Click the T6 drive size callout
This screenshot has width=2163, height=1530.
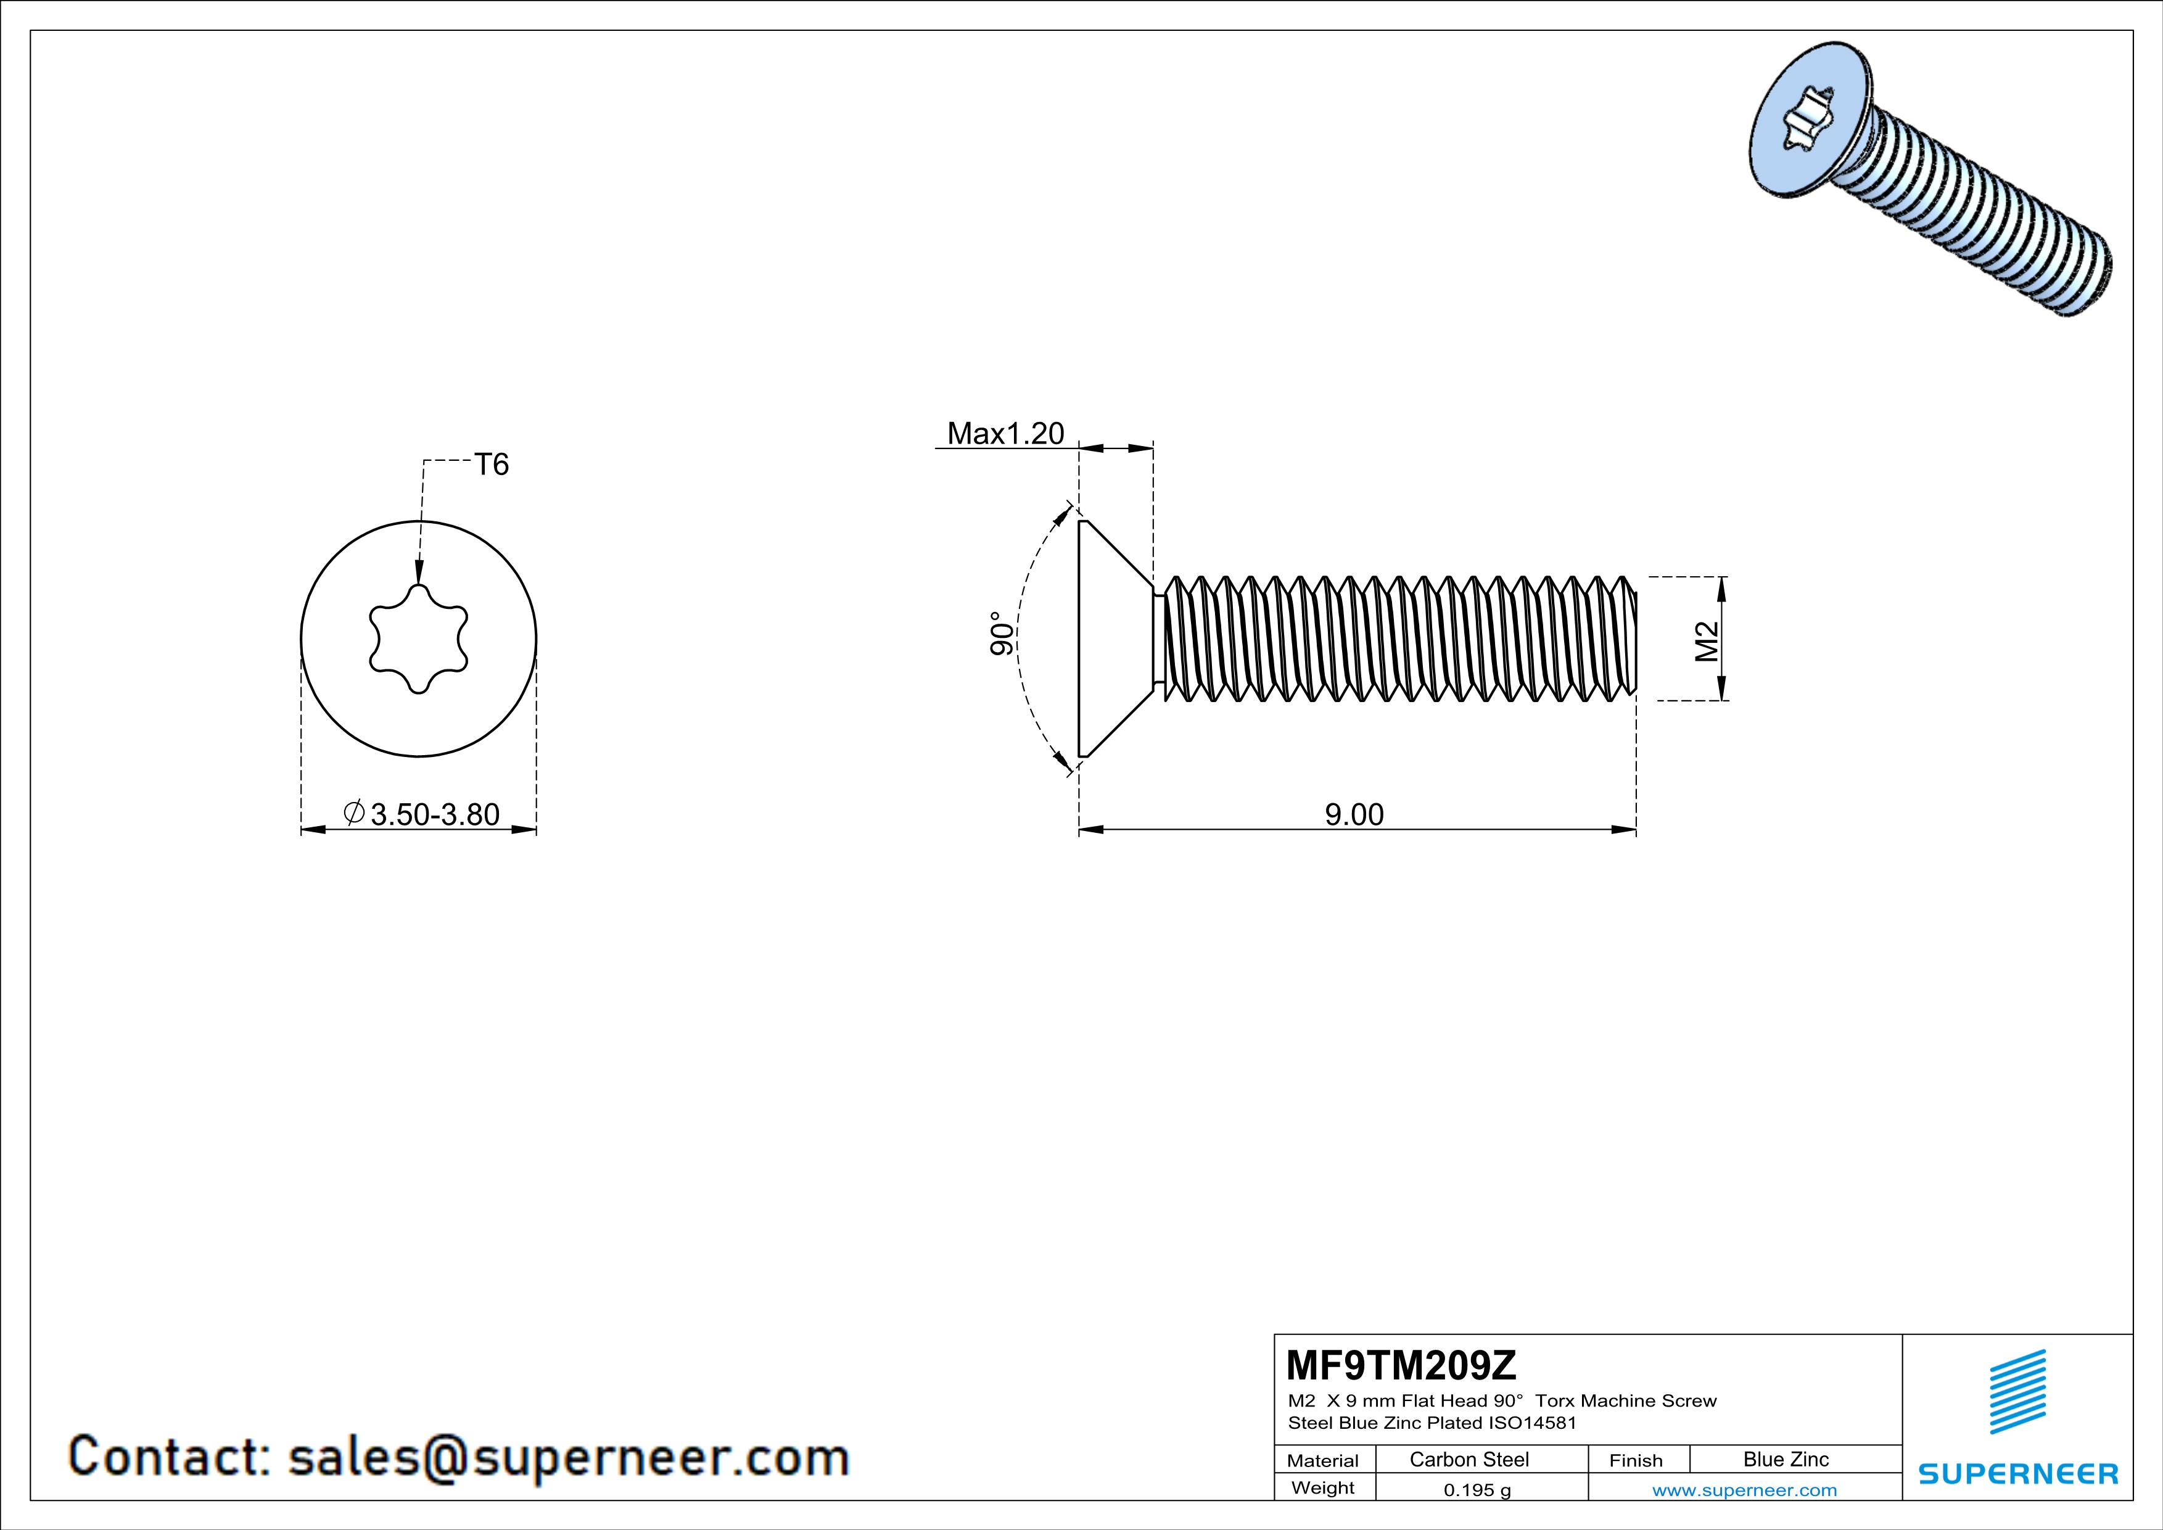pos(491,465)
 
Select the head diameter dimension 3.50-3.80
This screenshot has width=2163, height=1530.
pos(434,814)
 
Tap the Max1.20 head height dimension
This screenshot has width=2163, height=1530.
pos(1005,433)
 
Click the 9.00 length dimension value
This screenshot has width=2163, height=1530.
pos(1354,814)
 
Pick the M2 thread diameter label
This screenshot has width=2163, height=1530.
pos(1707,642)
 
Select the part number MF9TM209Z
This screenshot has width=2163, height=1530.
pos(1401,1364)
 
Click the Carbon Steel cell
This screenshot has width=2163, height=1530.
pos(1469,1459)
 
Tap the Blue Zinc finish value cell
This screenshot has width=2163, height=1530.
pos(1785,1459)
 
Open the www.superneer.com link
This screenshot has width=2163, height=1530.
pos(1744,1489)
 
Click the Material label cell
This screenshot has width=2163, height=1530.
pos(1323,1460)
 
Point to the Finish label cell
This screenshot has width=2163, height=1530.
pos(1636,1460)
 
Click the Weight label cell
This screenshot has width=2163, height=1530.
pos(1323,1487)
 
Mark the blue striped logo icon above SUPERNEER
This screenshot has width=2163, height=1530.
pos(2017,1392)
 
